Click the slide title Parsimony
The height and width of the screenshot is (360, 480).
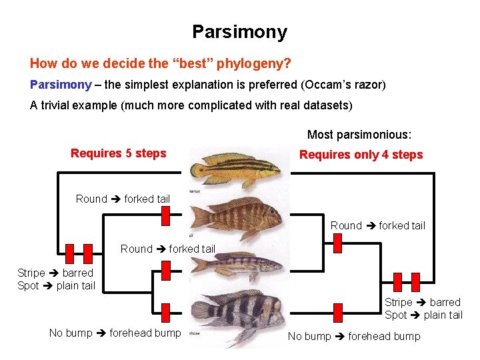click(x=239, y=31)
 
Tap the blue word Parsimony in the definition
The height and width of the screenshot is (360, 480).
click(x=61, y=85)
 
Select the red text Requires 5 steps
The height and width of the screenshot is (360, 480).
click(x=118, y=153)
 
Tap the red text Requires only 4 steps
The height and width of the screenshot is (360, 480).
click(x=361, y=155)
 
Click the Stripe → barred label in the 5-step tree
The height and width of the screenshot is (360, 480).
click(x=55, y=273)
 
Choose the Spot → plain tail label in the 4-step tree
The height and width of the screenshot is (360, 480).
click(x=423, y=315)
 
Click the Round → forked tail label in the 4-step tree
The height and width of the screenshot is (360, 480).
click(x=377, y=225)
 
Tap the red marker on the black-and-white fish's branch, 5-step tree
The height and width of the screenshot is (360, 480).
click(x=166, y=311)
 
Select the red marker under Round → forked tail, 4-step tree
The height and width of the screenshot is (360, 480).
click(x=337, y=243)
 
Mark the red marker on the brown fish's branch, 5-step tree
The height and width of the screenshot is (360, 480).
click(x=166, y=215)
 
